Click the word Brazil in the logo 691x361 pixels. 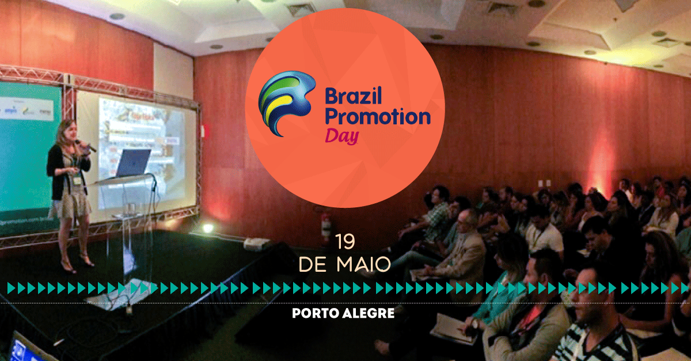click(x=354, y=96)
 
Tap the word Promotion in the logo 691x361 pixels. click(x=378, y=117)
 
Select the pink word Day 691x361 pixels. click(x=343, y=136)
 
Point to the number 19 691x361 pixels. click(x=345, y=242)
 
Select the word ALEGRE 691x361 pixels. click(x=369, y=313)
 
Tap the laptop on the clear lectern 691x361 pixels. click(x=132, y=163)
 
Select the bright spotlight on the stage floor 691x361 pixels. click(x=208, y=229)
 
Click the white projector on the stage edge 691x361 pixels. click(x=257, y=244)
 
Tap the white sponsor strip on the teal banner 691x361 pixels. click(x=27, y=109)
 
